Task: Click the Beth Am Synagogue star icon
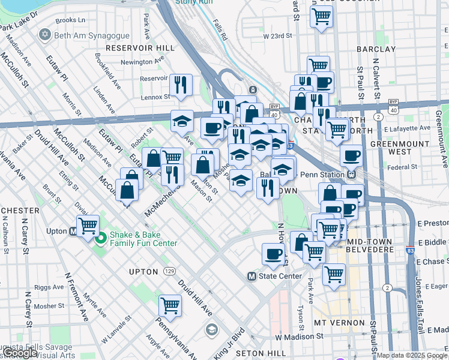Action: click(44, 35)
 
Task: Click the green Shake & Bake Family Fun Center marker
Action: click(100, 238)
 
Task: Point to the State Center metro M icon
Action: click(252, 276)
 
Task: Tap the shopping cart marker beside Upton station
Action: click(88, 226)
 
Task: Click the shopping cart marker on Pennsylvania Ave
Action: click(170, 305)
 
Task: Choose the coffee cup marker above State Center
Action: click(274, 254)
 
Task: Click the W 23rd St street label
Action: click(277, 36)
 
